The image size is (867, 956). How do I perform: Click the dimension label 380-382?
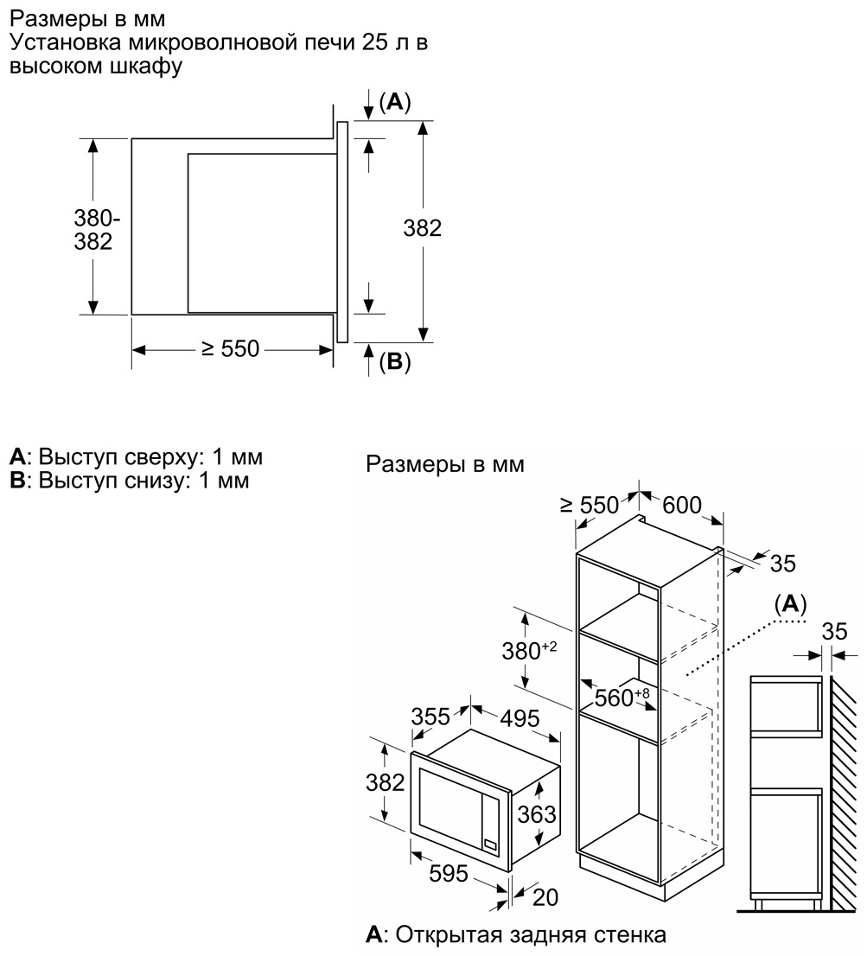click(92, 229)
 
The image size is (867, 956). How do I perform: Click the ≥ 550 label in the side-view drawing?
click(231, 348)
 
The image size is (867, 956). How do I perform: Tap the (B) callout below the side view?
click(395, 362)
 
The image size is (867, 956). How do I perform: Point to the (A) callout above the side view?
click(395, 102)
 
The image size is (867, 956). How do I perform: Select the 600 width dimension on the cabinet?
click(682, 505)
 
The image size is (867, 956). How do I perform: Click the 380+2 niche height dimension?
click(529, 651)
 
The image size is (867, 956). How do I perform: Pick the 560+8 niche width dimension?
click(622, 697)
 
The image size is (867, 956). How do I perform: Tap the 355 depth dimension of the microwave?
click(430, 717)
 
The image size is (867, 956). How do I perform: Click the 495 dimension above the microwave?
click(520, 718)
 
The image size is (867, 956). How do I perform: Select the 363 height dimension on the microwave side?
click(537, 814)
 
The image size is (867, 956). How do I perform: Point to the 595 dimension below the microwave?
click(448, 874)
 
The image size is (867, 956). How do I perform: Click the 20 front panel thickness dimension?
click(545, 897)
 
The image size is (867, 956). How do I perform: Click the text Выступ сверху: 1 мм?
click(150, 456)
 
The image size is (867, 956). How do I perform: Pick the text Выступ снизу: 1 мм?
click(143, 481)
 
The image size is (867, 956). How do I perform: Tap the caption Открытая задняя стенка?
click(531, 934)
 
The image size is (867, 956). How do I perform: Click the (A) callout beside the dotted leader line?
click(790, 604)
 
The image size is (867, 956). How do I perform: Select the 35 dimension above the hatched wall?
click(834, 631)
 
